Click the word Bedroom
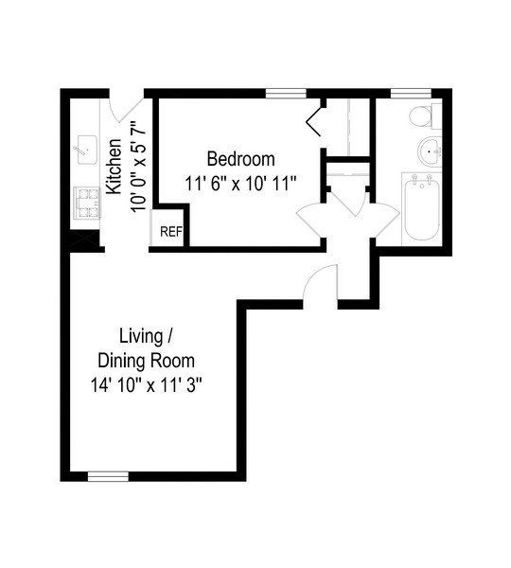pos(240,158)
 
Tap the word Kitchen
pos(114,167)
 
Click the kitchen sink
pos(87,148)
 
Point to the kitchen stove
pos(88,202)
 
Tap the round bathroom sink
pos(431,150)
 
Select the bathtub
pos(419,208)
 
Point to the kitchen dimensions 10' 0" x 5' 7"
pos(136,167)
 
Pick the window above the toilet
pos(406,93)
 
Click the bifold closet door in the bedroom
pos(314,120)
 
